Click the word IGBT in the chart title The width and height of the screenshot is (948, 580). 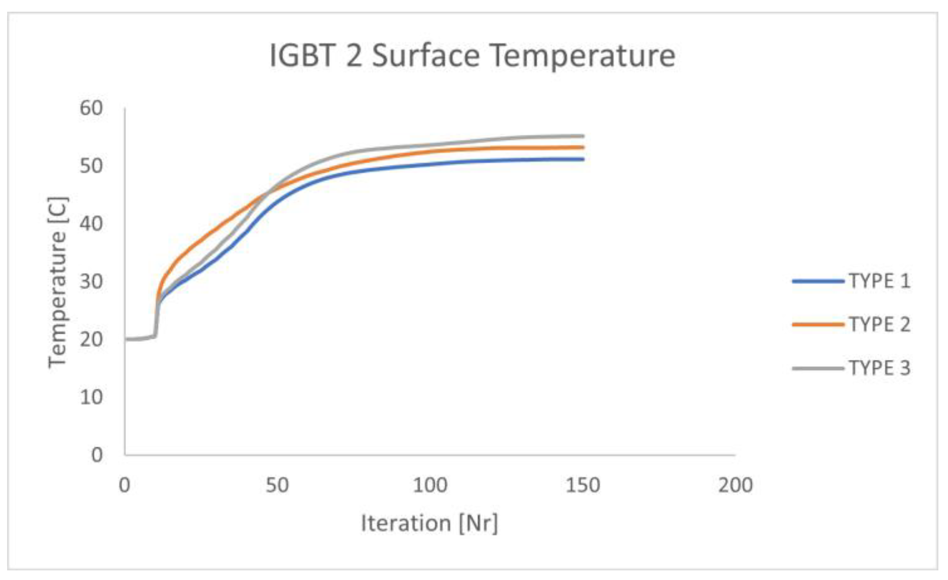pyautogui.click(x=302, y=56)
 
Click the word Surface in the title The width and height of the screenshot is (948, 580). pyautogui.click(x=425, y=56)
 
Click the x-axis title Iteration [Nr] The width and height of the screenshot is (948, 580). pyautogui.click(x=429, y=523)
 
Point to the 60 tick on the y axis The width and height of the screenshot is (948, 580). pyautogui.click(x=91, y=108)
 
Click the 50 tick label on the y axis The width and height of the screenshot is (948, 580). pyautogui.click(x=91, y=166)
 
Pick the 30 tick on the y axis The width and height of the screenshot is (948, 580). pyautogui.click(x=91, y=282)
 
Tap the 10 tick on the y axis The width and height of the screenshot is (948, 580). pyautogui.click(x=91, y=397)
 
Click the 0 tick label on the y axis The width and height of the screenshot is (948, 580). pyautogui.click(x=97, y=455)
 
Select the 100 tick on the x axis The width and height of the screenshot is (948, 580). pyautogui.click(x=430, y=485)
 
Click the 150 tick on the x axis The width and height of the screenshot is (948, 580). pyautogui.click(x=583, y=485)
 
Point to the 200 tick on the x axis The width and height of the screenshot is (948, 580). pyautogui.click(x=736, y=485)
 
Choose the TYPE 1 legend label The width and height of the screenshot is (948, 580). pyautogui.click(x=880, y=281)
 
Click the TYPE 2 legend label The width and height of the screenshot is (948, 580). pyautogui.click(x=880, y=324)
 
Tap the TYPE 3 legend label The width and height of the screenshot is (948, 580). pyautogui.click(x=880, y=368)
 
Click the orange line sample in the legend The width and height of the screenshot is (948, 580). pyautogui.click(x=818, y=324)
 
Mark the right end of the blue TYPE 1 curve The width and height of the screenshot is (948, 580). pyautogui.click(x=582, y=159)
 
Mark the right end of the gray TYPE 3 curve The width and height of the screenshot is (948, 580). pyautogui.click(x=582, y=136)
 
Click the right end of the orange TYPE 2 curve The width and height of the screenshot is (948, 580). pyautogui.click(x=582, y=147)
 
